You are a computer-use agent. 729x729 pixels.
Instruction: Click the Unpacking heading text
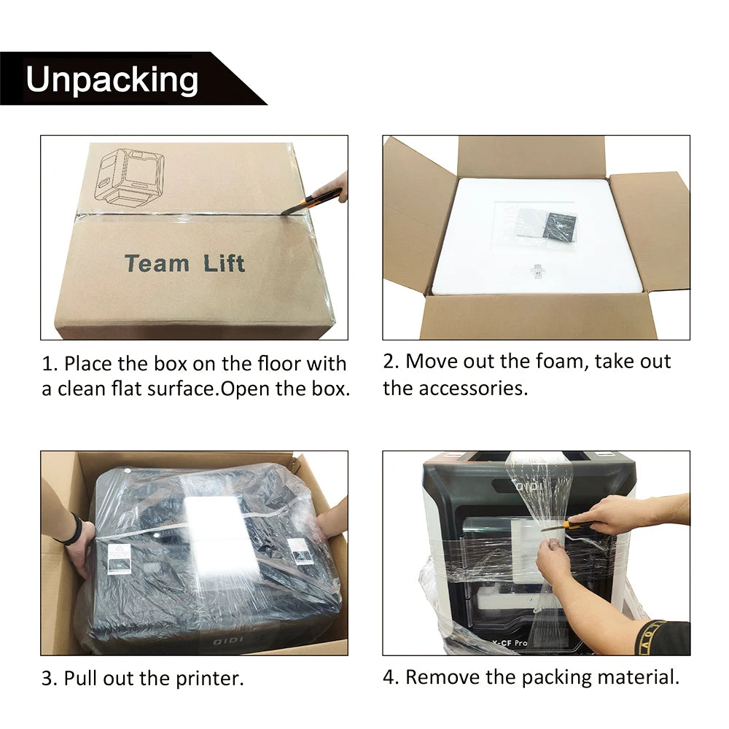point(112,79)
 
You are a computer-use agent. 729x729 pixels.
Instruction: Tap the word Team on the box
point(157,263)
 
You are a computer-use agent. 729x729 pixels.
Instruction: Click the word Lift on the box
point(224,263)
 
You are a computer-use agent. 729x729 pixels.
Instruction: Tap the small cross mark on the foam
point(539,271)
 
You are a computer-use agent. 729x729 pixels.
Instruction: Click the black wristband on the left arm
point(75,529)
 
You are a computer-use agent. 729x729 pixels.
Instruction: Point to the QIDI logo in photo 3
point(227,642)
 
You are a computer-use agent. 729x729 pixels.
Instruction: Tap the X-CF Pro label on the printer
point(510,642)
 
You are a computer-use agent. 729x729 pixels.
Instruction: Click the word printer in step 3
point(209,679)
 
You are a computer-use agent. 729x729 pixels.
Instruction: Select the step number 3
point(47,679)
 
